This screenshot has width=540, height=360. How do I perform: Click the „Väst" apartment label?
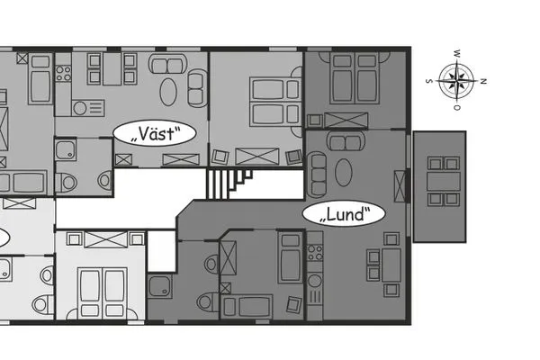click(154, 135)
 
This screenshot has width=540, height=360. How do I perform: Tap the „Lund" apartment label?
click(343, 214)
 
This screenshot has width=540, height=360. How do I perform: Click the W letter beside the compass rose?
click(457, 53)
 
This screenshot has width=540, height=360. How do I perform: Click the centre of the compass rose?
click(457, 81)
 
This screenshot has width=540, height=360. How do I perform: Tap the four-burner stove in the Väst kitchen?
click(64, 73)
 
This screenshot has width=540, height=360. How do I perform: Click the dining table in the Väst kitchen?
click(111, 69)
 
